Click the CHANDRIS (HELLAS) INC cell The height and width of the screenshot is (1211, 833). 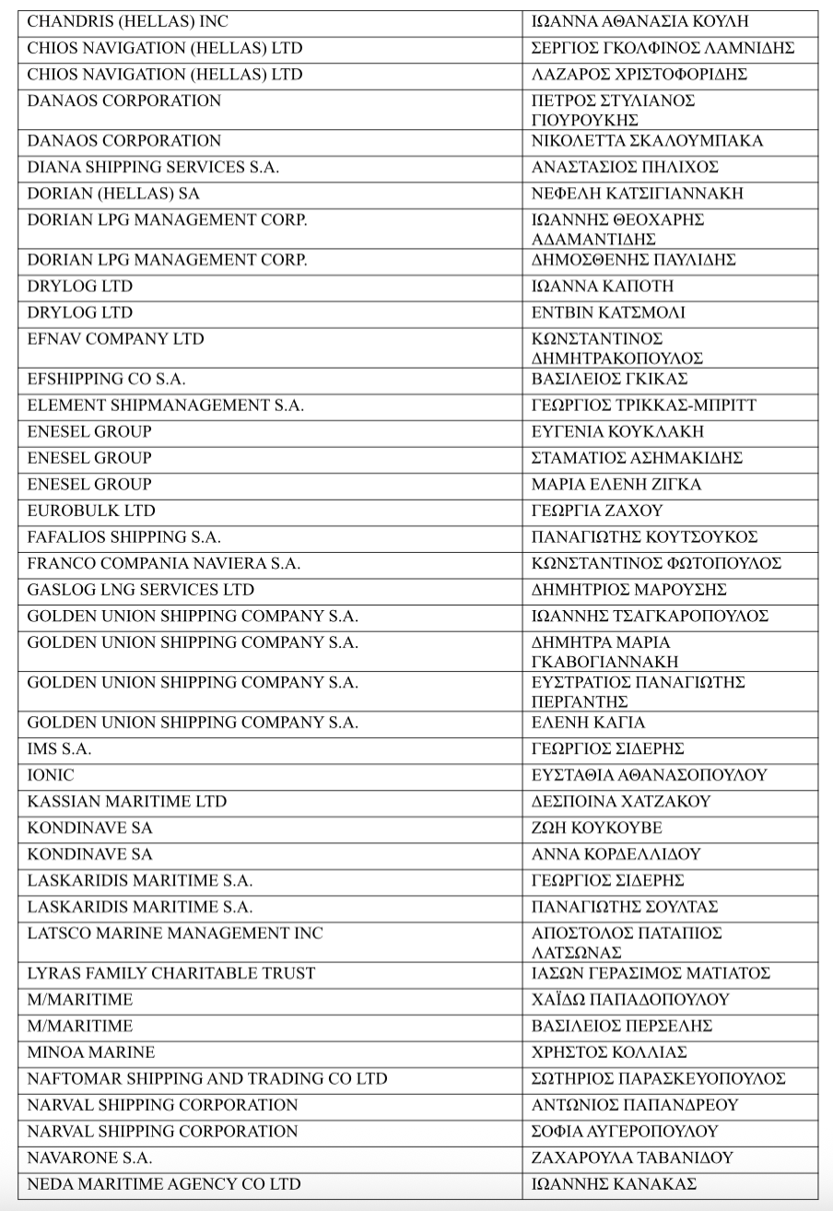[x=128, y=21]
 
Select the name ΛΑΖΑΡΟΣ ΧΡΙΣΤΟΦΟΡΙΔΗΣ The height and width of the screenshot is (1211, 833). [x=639, y=75]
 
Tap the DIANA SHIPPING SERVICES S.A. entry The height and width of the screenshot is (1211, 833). [x=153, y=168]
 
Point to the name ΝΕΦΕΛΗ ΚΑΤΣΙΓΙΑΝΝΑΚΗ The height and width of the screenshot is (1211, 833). [x=637, y=194]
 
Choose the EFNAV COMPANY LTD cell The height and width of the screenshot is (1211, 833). [x=115, y=339]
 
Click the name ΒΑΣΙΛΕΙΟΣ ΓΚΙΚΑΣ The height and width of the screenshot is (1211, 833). [x=609, y=380]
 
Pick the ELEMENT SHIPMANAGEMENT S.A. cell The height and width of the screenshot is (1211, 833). [x=165, y=406]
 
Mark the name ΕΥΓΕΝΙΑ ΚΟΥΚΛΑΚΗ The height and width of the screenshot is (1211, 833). [x=617, y=432]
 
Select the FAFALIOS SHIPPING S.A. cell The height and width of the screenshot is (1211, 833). [x=123, y=537]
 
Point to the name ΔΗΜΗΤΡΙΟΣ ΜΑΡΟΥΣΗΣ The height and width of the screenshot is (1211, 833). [x=629, y=590]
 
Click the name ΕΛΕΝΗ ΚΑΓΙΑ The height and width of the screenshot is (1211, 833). [x=588, y=723]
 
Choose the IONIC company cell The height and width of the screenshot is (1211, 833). [x=51, y=775]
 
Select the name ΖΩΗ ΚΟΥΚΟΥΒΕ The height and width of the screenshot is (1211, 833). [x=596, y=829]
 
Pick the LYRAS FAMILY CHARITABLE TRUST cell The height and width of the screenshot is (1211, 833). [x=171, y=973]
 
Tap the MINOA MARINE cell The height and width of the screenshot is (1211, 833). [x=91, y=1052]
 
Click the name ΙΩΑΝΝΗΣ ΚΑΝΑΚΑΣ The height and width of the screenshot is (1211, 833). [x=614, y=1184]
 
